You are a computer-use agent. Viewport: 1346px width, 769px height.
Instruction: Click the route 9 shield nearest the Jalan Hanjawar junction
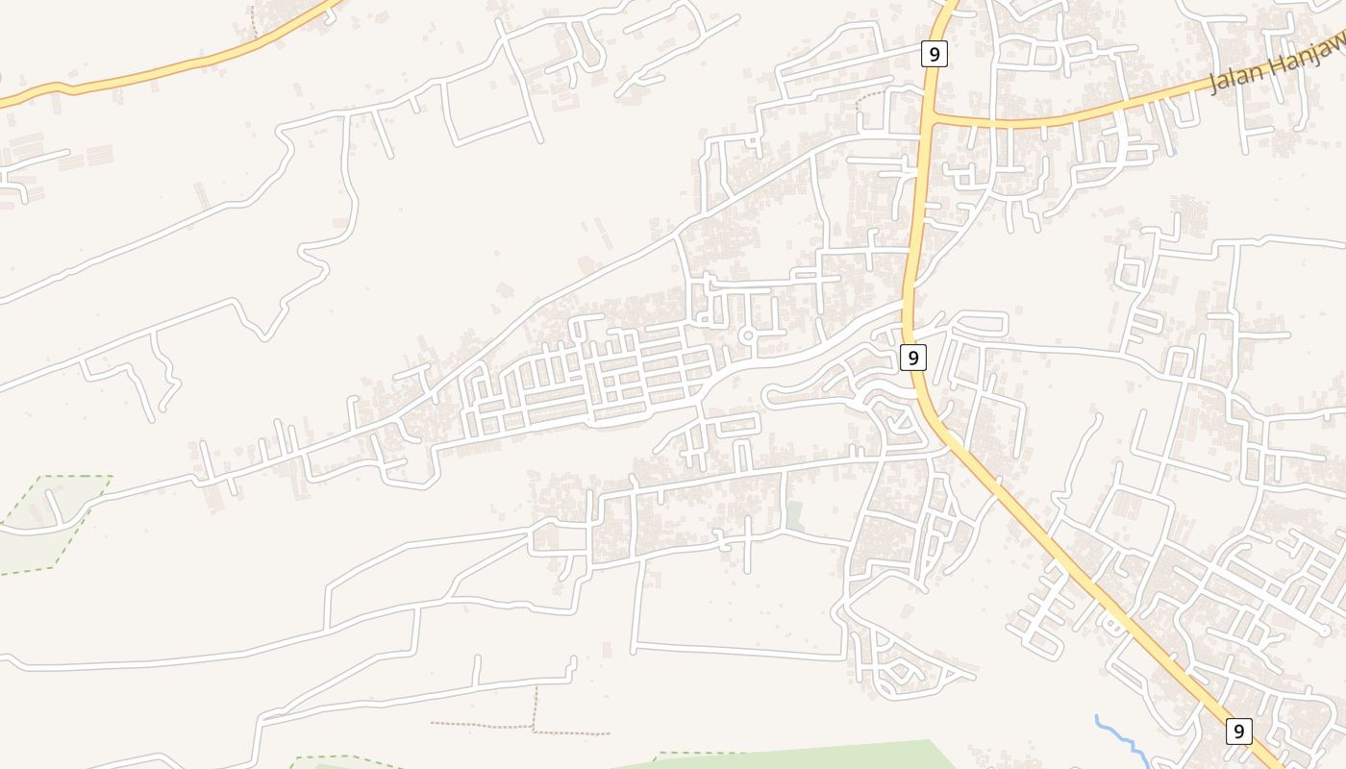(x=934, y=54)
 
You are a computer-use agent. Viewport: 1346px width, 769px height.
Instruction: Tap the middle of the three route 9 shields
(x=912, y=359)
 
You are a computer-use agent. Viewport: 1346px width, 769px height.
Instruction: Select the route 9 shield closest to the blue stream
(x=1239, y=732)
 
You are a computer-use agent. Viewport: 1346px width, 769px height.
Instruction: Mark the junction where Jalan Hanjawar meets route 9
(x=931, y=119)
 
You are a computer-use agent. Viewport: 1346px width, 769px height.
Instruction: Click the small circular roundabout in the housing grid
(x=746, y=336)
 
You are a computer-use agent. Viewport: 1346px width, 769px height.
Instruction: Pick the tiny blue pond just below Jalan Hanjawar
(x=1175, y=151)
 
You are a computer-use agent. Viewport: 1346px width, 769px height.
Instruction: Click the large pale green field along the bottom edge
(x=817, y=756)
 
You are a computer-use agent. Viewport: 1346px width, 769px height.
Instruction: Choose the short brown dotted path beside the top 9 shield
(x=870, y=95)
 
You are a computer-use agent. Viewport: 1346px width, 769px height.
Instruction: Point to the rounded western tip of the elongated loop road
(x=767, y=396)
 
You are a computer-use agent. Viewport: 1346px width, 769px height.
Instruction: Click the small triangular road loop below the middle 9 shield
(x=901, y=419)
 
